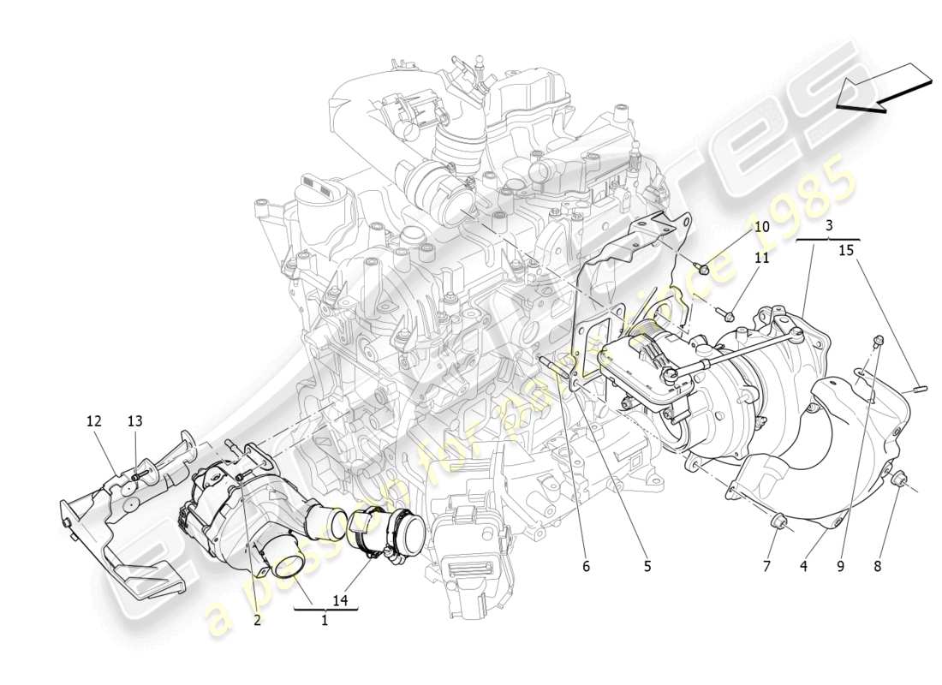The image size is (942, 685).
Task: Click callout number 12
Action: [93, 420]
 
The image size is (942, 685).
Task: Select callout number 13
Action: [135, 420]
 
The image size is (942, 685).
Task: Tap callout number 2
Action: [256, 621]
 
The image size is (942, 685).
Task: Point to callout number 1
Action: [325, 621]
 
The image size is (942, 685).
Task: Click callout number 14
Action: [342, 600]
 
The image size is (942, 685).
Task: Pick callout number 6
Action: [586, 566]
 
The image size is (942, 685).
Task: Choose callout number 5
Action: [647, 566]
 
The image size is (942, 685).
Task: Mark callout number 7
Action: [767, 566]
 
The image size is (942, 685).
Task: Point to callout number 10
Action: [761, 227]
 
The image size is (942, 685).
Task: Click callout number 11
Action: [761, 257]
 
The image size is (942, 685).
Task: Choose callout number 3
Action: [829, 226]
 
